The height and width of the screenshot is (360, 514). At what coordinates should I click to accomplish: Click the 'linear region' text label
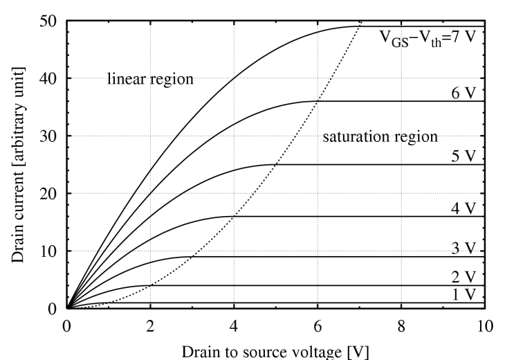(x=149, y=80)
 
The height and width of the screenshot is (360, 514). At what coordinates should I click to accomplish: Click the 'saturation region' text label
(x=380, y=136)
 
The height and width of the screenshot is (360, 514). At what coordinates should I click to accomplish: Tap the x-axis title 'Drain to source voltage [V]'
(x=275, y=350)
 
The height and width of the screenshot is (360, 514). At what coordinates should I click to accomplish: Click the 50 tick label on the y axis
(x=48, y=21)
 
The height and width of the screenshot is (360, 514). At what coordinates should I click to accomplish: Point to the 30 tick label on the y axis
(x=48, y=136)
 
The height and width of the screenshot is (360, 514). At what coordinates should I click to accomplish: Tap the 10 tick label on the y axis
(x=48, y=251)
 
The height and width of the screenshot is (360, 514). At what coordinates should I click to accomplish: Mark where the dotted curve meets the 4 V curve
(x=234, y=216)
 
